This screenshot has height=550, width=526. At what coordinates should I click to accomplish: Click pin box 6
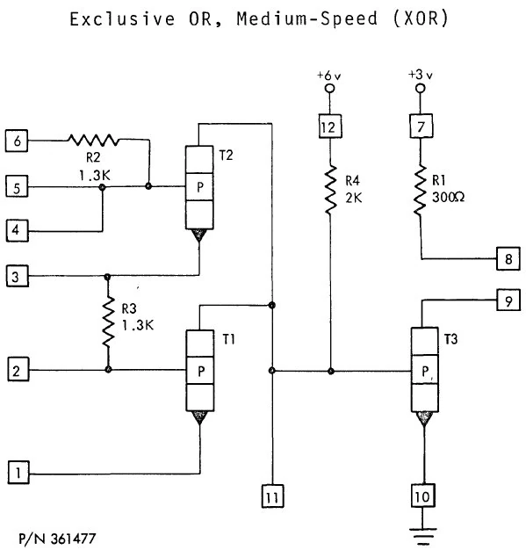[17, 138]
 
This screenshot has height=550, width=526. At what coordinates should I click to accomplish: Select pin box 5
[17, 185]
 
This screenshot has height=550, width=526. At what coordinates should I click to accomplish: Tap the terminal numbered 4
[17, 232]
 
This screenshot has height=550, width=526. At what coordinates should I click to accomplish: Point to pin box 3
[17, 277]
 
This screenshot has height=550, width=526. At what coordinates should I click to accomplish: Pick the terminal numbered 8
[508, 259]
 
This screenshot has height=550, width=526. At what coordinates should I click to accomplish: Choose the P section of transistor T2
[201, 186]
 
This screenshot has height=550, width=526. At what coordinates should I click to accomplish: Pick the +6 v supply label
[329, 76]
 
